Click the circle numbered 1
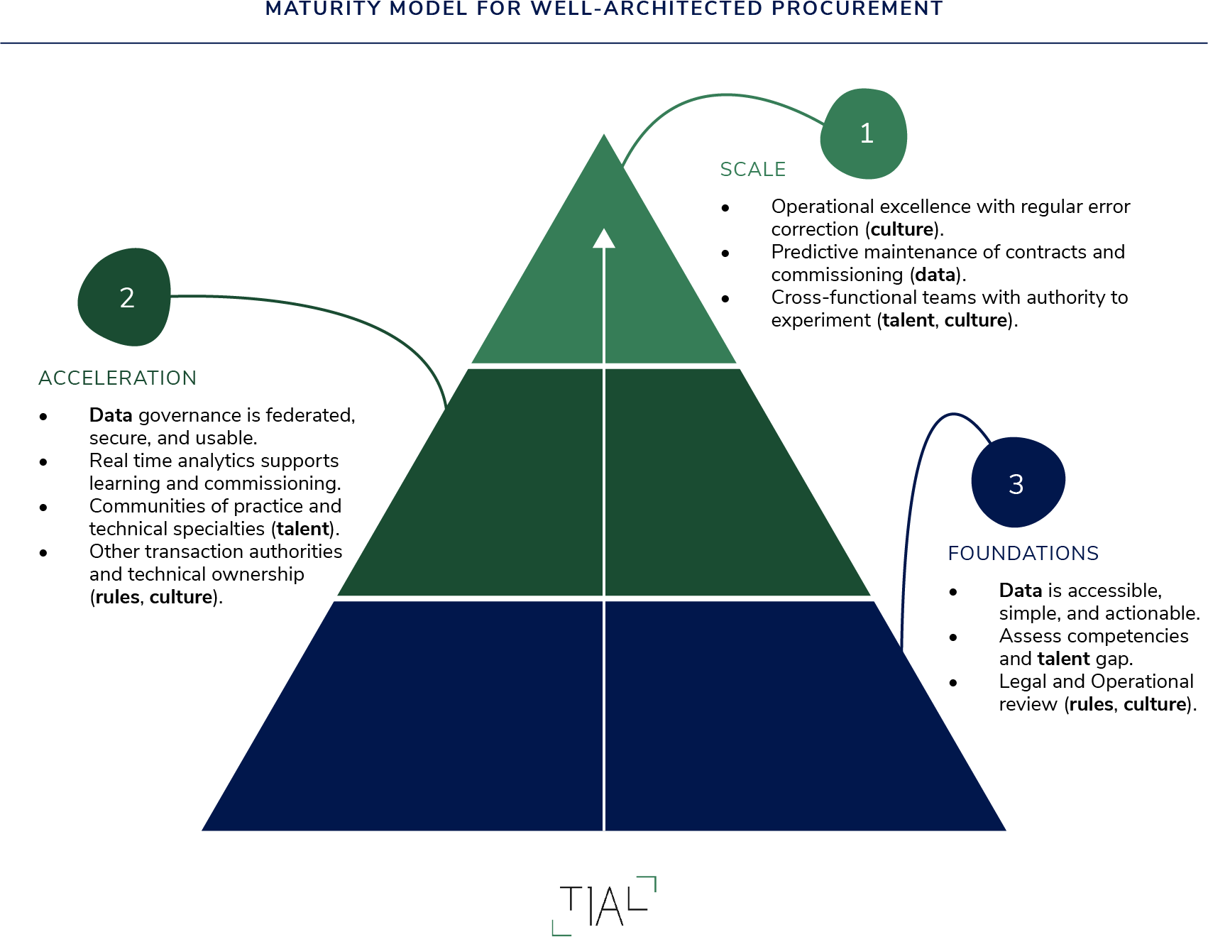click(864, 133)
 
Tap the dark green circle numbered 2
click(126, 297)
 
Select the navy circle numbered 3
click(1017, 483)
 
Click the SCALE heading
click(752, 170)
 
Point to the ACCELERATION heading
click(117, 378)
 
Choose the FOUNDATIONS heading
click(1023, 553)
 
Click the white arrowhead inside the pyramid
click(604, 239)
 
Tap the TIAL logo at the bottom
click(604, 906)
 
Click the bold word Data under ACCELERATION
click(111, 415)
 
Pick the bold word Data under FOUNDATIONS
click(1020, 591)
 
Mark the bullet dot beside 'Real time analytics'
click(43, 462)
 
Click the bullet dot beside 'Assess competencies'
click(953, 637)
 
